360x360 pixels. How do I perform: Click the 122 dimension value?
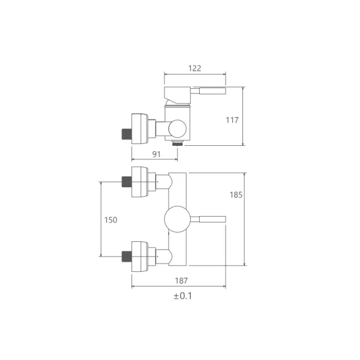tap(194, 68)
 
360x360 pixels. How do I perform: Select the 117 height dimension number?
tap(232, 120)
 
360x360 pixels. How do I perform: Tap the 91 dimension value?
tap(157, 154)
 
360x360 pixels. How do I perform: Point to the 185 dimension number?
tap(236, 195)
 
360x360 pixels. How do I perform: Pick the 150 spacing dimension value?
tap(110, 220)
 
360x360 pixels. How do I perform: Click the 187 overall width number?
tap(181, 281)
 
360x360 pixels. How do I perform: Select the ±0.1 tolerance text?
tap(183, 296)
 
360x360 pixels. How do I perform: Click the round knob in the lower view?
tap(178, 219)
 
